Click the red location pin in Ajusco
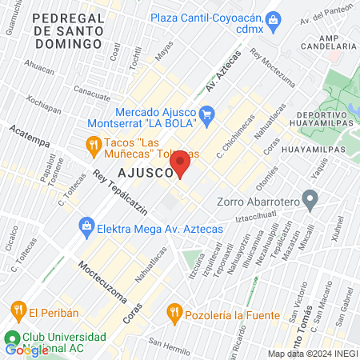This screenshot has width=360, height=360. tap(180, 163)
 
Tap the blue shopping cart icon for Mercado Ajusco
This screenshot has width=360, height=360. tap(207, 114)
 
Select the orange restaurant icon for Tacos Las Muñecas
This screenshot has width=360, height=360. tap(93, 144)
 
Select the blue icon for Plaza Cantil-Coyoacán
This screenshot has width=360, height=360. tap(273, 17)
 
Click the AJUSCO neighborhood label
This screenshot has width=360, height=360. tap(145, 173)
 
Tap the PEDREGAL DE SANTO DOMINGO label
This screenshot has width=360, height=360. tap(70, 23)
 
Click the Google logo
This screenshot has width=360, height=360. tap(26, 350)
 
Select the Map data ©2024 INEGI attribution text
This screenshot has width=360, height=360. tap(311, 354)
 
